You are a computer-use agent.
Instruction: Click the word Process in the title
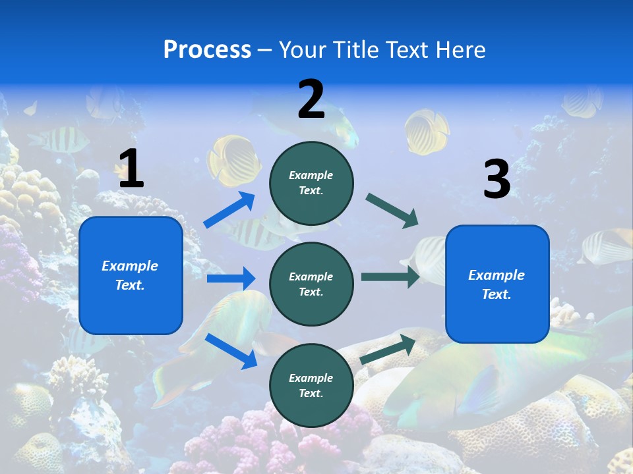click(x=207, y=49)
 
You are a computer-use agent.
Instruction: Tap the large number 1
click(x=131, y=169)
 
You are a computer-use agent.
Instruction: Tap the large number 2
click(x=311, y=99)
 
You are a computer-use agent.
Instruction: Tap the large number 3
click(x=497, y=180)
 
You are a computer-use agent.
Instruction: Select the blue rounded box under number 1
click(x=131, y=275)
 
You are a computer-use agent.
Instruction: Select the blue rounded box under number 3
click(x=497, y=284)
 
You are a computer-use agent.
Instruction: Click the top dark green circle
click(x=311, y=183)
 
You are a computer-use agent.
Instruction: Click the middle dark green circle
click(x=311, y=284)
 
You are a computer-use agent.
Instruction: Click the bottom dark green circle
click(x=311, y=385)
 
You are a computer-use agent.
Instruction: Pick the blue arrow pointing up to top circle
click(x=229, y=210)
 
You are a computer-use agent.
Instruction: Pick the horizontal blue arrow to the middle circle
click(x=231, y=278)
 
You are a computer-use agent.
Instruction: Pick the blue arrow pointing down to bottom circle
click(x=231, y=350)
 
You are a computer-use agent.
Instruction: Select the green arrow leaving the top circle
click(x=392, y=211)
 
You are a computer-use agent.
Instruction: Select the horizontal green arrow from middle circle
click(x=390, y=276)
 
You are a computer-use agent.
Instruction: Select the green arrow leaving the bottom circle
click(x=388, y=349)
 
